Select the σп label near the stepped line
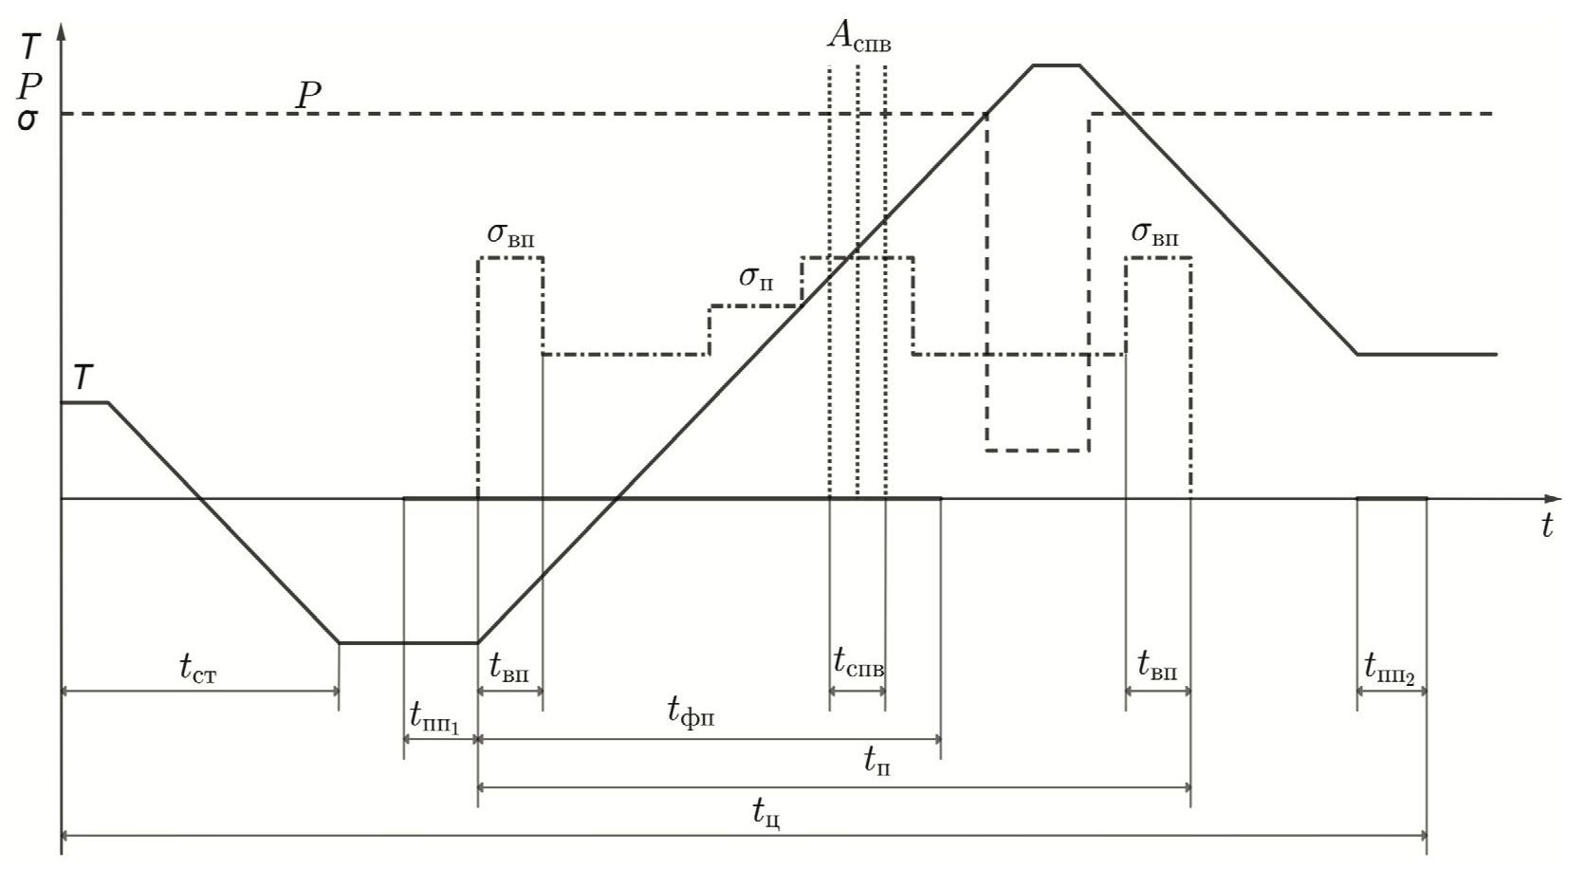click(x=756, y=278)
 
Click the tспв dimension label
click(x=858, y=660)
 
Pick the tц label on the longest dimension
click(x=766, y=812)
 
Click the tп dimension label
click(x=877, y=760)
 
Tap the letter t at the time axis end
click(x=1547, y=527)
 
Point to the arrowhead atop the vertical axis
click(x=62, y=33)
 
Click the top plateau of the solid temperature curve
click(x=1057, y=65)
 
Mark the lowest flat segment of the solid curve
click(x=408, y=642)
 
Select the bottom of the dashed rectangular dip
click(x=1038, y=450)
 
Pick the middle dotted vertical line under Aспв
click(x=857, y=285)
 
